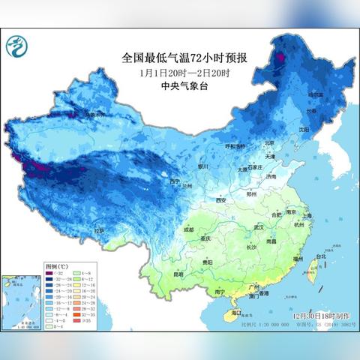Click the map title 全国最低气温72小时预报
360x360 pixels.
pos(180,56)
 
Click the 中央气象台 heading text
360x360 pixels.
pos(180,85)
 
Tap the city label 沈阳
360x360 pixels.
pos(302,129)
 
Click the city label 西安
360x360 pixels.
pos(220,200)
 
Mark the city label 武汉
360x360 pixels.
pos(259,226)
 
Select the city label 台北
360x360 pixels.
pos(321,256)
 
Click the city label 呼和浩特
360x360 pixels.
pos(235,146)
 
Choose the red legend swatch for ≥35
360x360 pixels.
pos(78,321)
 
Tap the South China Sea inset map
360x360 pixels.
pos(22,302)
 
